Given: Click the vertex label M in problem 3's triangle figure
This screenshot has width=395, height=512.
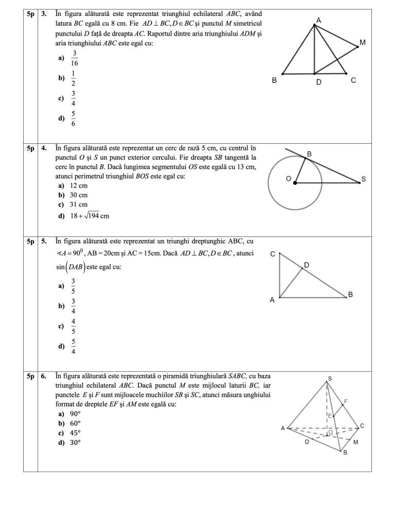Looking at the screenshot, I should (x=363, y=42).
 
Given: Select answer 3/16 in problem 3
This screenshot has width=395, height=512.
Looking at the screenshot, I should (x=75, y=58).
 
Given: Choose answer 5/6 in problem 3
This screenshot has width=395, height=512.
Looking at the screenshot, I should (x=74, y=119).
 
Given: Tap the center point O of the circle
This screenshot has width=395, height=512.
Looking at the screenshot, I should (x=295, y=183).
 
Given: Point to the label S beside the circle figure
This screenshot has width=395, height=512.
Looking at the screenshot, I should (x=363, y=179).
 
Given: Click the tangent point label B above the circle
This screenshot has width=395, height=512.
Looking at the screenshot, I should (x=309, y=154).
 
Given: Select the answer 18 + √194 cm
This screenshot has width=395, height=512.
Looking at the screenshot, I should (x=89, y=216).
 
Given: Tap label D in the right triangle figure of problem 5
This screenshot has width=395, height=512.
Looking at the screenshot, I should (x=306, y=265).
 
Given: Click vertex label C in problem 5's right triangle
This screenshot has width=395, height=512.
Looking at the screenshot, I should (x=273, y=254).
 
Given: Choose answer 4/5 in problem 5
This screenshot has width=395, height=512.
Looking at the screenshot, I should (x=74, y=327).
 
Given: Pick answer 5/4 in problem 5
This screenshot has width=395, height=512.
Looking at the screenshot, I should (x=74, y=347).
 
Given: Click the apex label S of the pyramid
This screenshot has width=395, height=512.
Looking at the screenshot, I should (x=330, y=378).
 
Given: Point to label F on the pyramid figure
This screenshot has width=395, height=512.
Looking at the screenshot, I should (x=346, y=401).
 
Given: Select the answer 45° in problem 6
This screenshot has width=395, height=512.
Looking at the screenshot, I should (x=75, y=433).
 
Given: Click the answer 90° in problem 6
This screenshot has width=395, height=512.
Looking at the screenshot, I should (x=75, y=414).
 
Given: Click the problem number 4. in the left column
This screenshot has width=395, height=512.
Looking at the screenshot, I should (x=44, y=147).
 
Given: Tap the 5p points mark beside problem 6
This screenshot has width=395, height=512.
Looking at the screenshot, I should (x=30, y=376).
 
